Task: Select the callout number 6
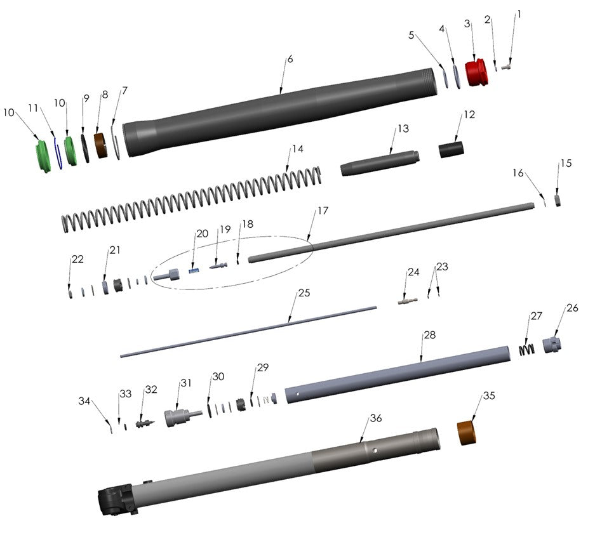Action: (290, 59)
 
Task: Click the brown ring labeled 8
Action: (100, 145)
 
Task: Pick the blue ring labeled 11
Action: (57, 154)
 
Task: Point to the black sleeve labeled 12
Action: (451, 150)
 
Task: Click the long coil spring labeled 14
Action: (191, 197)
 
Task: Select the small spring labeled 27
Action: (526, 349)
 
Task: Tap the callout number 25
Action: (304, 294)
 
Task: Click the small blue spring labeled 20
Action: (194, 271)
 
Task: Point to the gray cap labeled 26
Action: (552, 347)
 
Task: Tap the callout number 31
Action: (185, 383)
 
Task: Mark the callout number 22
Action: (77, 260)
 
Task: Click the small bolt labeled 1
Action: (507, 65)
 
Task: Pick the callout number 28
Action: (429, 334)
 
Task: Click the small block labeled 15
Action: (557, 200)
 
